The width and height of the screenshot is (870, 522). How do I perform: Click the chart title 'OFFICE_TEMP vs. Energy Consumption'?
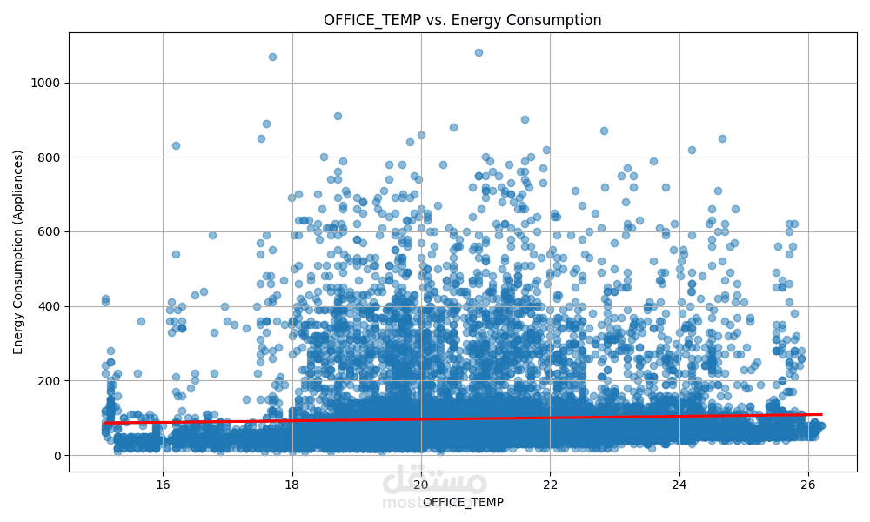[462, 20]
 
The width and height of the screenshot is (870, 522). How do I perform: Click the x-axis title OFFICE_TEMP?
[462, 502]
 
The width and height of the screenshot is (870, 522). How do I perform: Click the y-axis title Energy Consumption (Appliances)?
[18, 251]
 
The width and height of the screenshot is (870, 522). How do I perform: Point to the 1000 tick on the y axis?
[47, 83]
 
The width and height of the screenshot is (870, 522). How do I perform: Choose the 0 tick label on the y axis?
[57, 455]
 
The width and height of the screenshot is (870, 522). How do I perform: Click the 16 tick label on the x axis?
[163, 484]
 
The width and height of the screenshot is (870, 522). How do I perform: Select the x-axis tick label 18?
[291, 484]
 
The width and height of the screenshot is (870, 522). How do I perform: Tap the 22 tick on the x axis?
[550, 484]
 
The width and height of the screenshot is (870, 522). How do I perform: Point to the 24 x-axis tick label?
[679, 484]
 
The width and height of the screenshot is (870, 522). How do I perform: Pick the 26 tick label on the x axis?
[807, 484]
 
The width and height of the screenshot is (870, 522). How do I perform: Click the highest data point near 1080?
[478, 52]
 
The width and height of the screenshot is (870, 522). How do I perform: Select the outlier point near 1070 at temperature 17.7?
[272, 57]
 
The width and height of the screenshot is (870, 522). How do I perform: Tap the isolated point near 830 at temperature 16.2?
[176, 145]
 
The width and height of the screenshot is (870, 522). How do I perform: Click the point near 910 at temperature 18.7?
[338, 116]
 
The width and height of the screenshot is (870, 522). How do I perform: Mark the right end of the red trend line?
[821, 414]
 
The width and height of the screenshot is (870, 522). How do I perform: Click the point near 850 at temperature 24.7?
[722, 138]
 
